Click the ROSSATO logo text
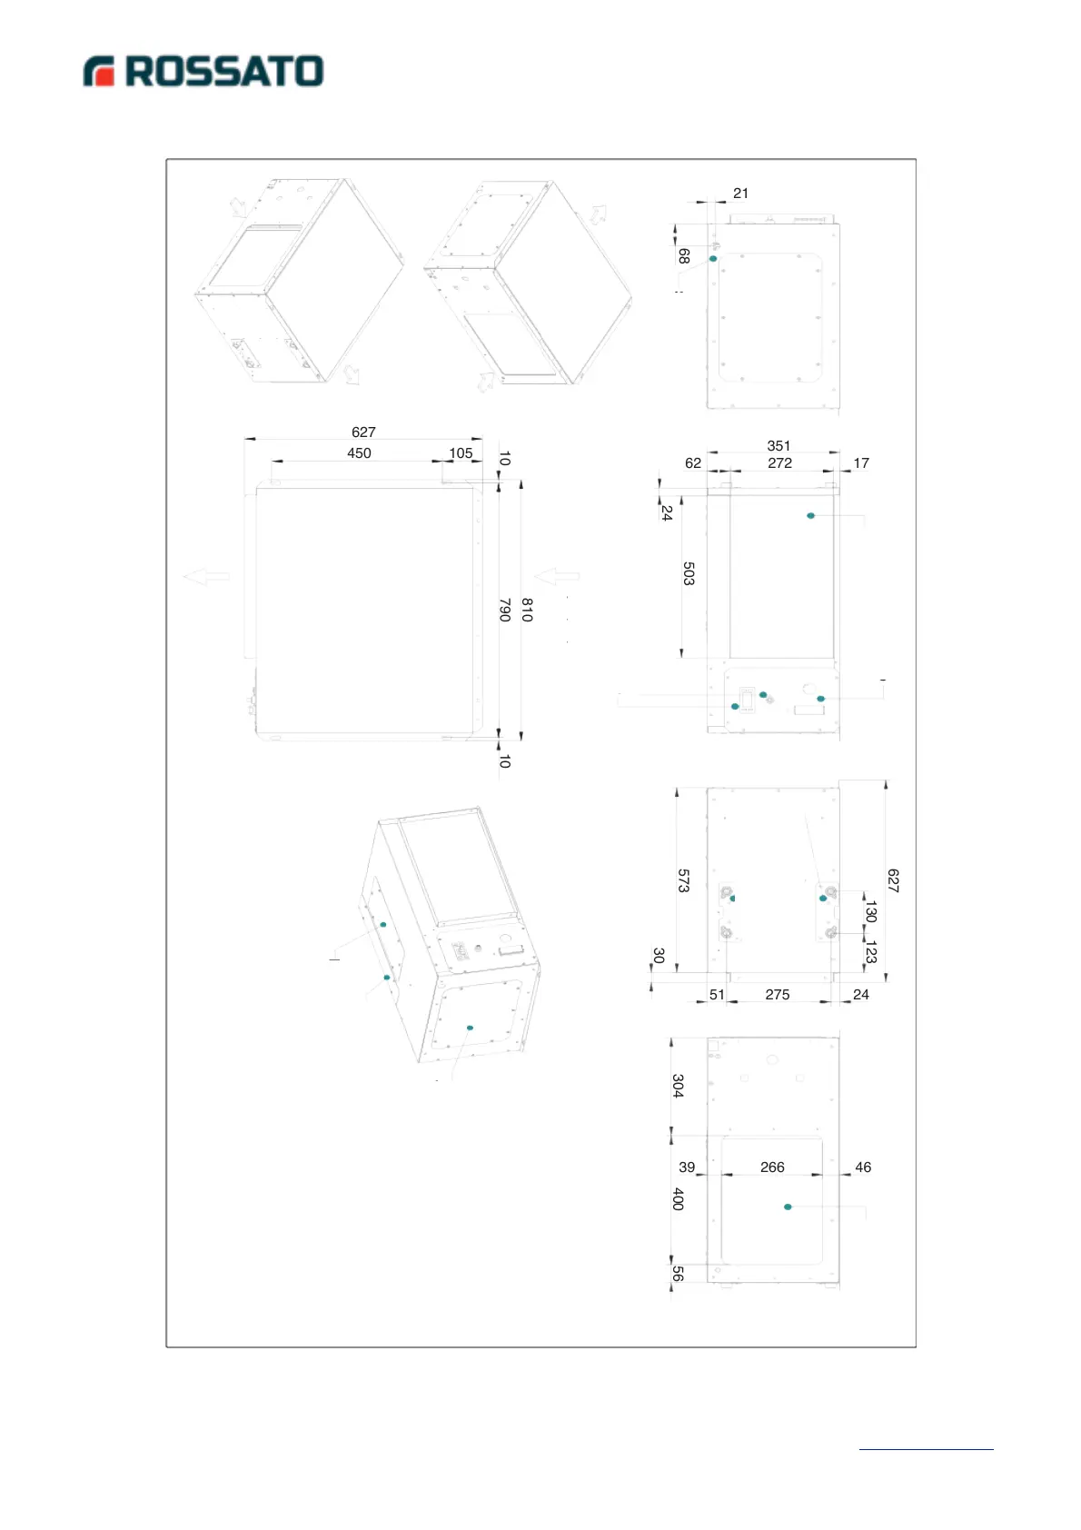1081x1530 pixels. tap(223, 72)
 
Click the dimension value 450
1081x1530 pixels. tap(359, 453)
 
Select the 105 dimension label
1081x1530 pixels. tap(461, 453)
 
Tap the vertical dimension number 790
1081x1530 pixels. tap(505, 610)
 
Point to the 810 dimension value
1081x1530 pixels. tap(528, 610)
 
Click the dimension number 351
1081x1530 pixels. tap(779, 446)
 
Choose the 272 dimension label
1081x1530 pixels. tap(779, 463)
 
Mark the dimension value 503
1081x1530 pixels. tap(689, 573)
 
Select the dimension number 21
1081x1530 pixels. tap(740, 194)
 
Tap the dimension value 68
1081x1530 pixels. tap(684, 257)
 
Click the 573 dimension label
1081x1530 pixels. tap(684, 880)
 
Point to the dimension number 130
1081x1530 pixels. tap(870, 910)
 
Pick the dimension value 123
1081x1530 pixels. tap(870, 952)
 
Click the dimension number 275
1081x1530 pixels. tap(777, 995)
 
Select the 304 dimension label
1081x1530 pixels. tap(678, 1086)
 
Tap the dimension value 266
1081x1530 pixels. tap(772, 1167)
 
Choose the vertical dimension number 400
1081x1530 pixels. tap(678, 1198)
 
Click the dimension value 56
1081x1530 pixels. tap(678, 1273)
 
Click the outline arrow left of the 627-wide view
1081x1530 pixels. tap(206, 576)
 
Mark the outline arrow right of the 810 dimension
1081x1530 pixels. tap(557, 576)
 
